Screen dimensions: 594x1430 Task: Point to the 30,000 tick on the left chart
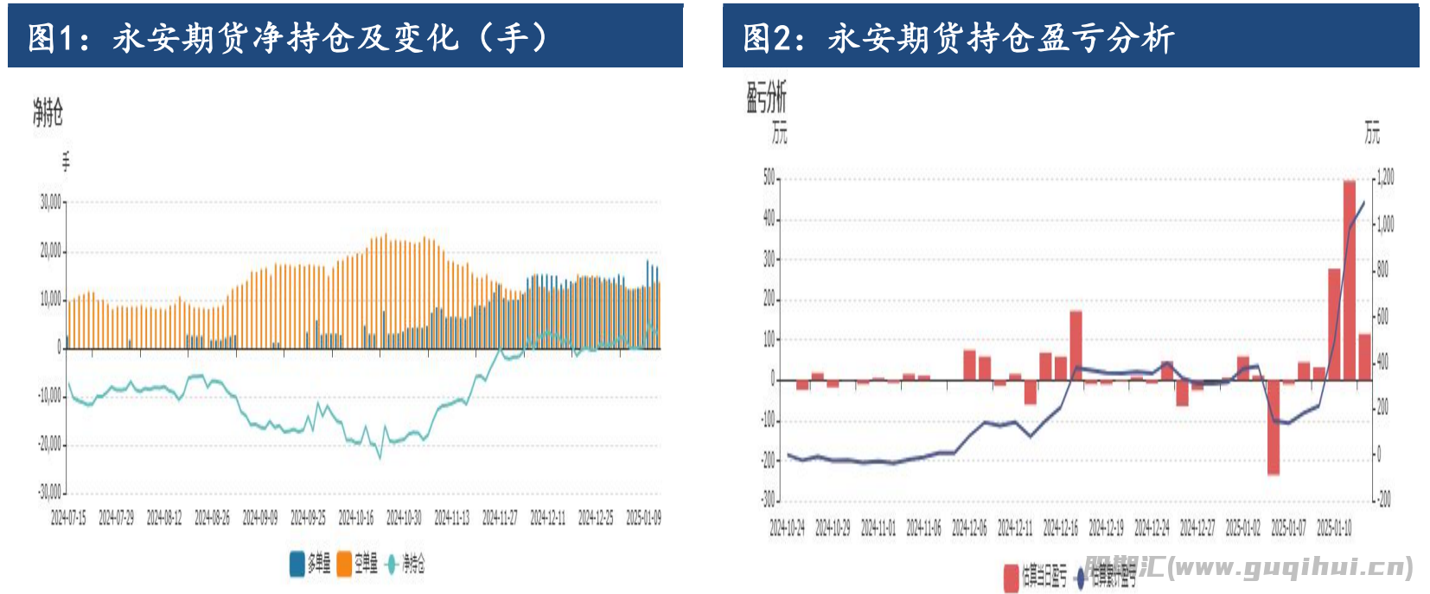click(x=50, y=202)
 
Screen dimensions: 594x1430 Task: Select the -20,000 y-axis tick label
click(x=49, y=444)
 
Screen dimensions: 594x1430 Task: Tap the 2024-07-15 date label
click(x=68, y=518)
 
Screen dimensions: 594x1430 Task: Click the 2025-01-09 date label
click(x=643, y=518)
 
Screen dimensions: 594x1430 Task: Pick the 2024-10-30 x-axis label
click(x=404, y=518)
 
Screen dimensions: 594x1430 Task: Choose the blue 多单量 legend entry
click(x=310, y=564)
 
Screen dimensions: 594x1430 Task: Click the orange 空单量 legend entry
click(x=358, y=564)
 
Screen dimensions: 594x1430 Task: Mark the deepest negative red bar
click(x=1274, y=427)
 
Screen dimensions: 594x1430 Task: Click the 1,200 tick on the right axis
click(x=1385, y=178)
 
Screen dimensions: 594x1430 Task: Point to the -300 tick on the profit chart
click(x=768, y=500)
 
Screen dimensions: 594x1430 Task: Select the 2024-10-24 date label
click(x=787, y=527)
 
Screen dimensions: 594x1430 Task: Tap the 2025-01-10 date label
click(x=1334, y=527)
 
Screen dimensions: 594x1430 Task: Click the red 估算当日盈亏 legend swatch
click(x=1011, y=577)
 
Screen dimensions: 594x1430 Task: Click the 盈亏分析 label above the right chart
click(x=766, y=98)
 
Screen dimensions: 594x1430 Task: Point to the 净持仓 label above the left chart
click(x=48, y=112)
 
